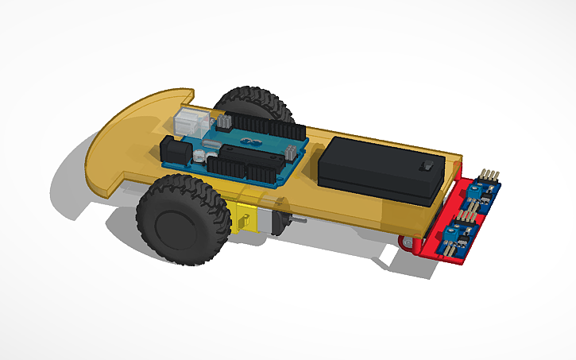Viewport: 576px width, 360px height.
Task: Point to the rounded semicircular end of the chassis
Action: coord(119,143)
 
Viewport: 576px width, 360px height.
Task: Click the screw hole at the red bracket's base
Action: coord(406,242)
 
